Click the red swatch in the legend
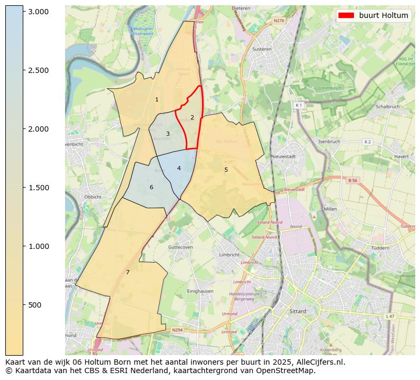(346, 15)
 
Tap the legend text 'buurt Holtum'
(384, 15)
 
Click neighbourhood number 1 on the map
(157, 100)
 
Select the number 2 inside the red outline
(192, 117)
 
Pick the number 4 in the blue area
(179, 168)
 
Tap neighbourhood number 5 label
(226, 170)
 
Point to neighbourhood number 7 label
(127, 272)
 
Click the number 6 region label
(151, 187)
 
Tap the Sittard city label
(298, 311)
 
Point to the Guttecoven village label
(181, 247)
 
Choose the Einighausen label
(199, 291)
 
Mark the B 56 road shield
(353, 180)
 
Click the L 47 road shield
(390, 316)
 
